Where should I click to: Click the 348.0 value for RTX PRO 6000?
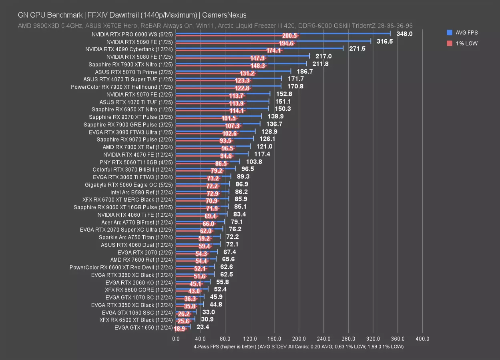pyautogui.click(x=404, y=34)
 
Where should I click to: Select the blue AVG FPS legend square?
pyautogui.click(x=450, y=33)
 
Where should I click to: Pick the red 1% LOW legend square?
pyautogui.click(x=450, y=43)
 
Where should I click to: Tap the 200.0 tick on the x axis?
pyautogui.click(x=299, y=339)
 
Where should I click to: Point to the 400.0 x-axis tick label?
pyautogui.click(x=423, y=339)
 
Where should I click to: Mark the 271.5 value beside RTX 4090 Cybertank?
pyautogui.click(x=357, y=49)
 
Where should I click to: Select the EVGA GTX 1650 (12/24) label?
pyautogui.click(x=143, y=328)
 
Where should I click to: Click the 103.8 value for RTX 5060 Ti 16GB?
pyautogui.click(x=254, y=162)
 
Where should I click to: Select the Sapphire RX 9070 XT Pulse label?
pyautogui.click(x=131, y=117)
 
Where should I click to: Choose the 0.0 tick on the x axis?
pyautogui.click(x=176, y=339)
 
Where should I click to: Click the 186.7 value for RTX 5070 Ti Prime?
pyautogui.click(x=305, y=72)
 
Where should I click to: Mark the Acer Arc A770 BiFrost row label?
pyautogui.click(x=137, y=222)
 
